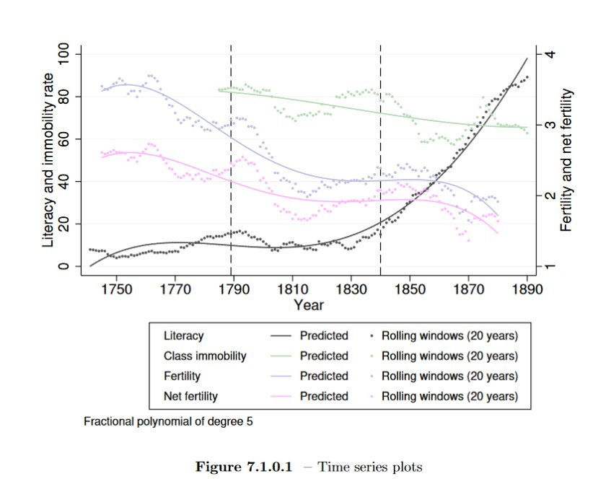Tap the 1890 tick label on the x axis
[x=527, y=290]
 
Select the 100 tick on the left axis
[x=64, y=54]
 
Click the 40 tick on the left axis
[x=64, y=181]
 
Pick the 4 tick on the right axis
[x=549, y=54]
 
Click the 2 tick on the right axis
[x=549, y=195]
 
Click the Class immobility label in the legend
[x=205, y=356]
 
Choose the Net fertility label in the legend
[x=190, y=396]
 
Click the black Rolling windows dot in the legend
[x=372, y=336]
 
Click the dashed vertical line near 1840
[x=380, y=144]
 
